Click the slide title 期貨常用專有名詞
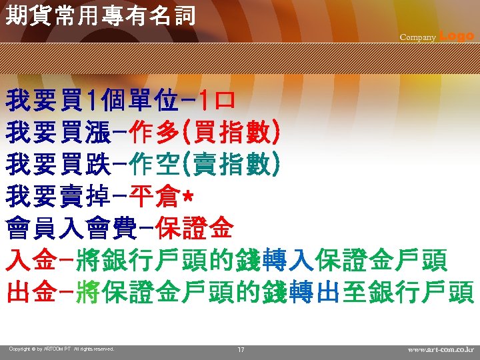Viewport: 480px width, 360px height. click(100, 15)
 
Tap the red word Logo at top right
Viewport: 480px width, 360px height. click(457, 37)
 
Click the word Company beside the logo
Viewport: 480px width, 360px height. click(418, 37)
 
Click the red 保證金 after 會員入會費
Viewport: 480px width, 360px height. click(194, 229)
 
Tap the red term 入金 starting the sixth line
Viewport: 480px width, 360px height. click(30, 260)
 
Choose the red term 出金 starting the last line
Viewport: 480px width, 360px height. click(30, 292)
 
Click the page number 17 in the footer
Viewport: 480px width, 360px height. click(241, 349)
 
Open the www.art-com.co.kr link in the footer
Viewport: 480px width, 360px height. click(441, 349)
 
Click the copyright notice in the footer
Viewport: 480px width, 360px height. click(61, 349)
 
